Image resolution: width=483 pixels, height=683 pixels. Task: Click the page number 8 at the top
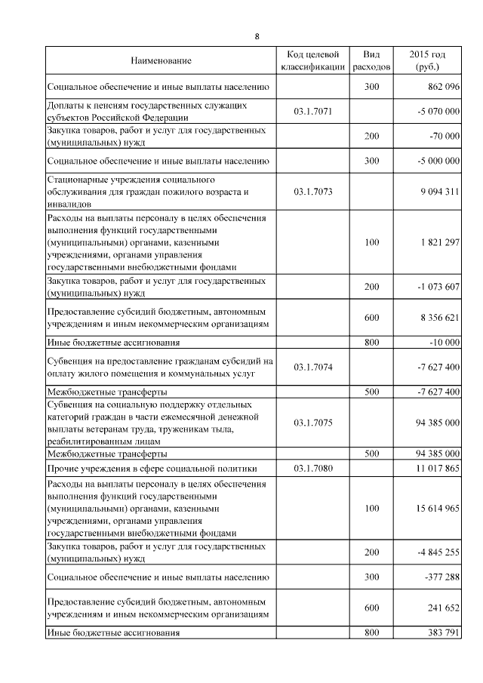coord(257,35)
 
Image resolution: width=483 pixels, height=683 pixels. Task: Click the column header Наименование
coord(161,60)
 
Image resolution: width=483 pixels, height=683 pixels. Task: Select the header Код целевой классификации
coord(312,60)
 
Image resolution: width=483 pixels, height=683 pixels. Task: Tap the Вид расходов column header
coord(371,60)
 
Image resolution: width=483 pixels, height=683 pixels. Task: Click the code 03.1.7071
coord(312,112)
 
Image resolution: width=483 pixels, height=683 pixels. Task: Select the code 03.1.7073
coord(312,192)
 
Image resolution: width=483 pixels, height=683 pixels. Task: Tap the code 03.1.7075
coord(312,423)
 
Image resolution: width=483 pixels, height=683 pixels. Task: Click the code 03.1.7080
coord(312,468)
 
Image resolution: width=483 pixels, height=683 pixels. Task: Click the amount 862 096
coord(439,88)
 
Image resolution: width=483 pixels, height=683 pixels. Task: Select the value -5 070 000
coord(438,112)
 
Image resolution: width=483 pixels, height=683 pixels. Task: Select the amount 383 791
coord(441,632)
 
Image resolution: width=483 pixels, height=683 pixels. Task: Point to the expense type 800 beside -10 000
coord(371,343)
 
